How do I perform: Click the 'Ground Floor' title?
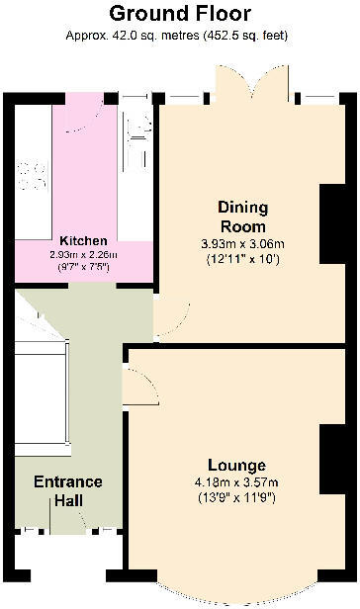(179, 14)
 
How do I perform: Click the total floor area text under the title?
(179, 37)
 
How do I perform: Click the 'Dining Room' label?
(242, 216)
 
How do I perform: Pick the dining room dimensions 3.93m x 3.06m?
(243, 244)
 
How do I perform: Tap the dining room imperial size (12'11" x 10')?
(243, 259)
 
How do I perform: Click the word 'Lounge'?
(235, 465)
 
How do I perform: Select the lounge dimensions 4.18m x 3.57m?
(237, 482)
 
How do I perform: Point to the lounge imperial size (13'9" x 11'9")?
(237, 497)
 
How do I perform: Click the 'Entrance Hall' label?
(68, 491)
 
